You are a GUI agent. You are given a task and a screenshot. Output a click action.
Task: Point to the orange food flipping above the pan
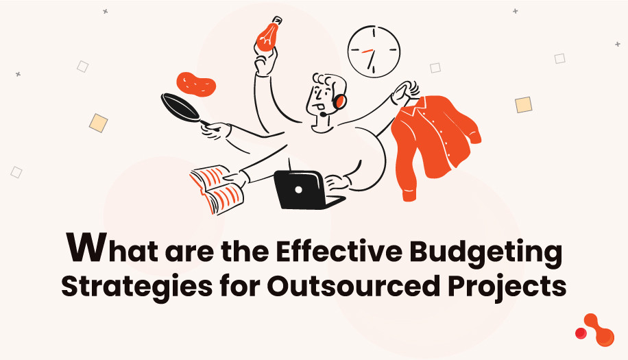coord(196,84)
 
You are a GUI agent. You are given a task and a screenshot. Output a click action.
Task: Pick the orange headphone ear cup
coord(339,102)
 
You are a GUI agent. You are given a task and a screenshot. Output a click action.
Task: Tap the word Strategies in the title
coord(127,285)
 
